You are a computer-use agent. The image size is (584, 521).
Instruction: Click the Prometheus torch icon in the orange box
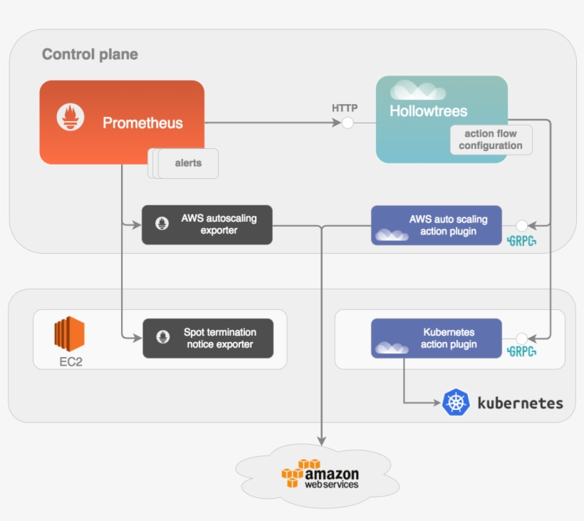(71, 118)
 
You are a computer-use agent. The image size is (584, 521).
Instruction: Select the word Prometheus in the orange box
(142, 123)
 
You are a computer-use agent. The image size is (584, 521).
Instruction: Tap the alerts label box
(188, 163)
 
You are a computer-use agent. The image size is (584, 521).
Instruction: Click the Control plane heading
(90, 54)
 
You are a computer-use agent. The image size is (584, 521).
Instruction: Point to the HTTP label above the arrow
(345, 108)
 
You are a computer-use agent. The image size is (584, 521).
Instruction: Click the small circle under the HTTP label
(348, 123)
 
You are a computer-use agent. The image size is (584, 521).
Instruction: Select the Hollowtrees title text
(428, 111)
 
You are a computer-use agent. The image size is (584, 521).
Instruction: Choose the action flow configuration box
(491, 140)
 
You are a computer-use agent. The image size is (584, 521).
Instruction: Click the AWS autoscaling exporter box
(207, 225)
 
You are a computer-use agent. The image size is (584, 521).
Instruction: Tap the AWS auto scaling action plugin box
(436, 225)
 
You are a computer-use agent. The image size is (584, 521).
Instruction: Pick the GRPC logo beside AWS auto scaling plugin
(521, 241)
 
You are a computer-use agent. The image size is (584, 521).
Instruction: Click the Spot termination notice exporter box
(208, 338)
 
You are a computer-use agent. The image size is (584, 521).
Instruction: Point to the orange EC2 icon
(69, 333)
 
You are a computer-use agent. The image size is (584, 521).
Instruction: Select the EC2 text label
(71, 361)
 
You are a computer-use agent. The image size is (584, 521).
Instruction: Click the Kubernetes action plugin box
(436, 338)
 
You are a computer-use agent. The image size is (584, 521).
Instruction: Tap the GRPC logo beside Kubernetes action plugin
(521, 351)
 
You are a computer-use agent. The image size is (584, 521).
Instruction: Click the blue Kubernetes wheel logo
(456, 402)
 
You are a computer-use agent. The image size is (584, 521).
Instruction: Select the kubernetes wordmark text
(520, 403)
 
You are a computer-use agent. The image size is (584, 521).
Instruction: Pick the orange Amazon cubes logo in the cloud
(293, 473)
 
